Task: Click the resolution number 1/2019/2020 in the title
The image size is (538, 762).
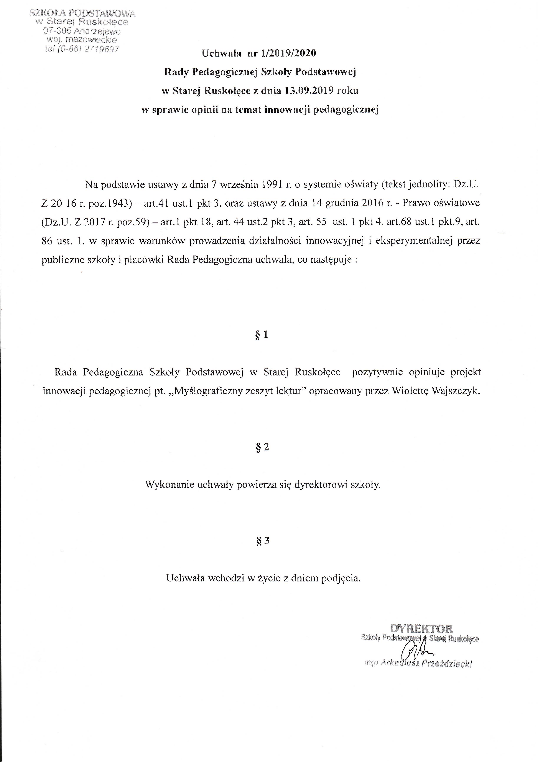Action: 288,53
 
